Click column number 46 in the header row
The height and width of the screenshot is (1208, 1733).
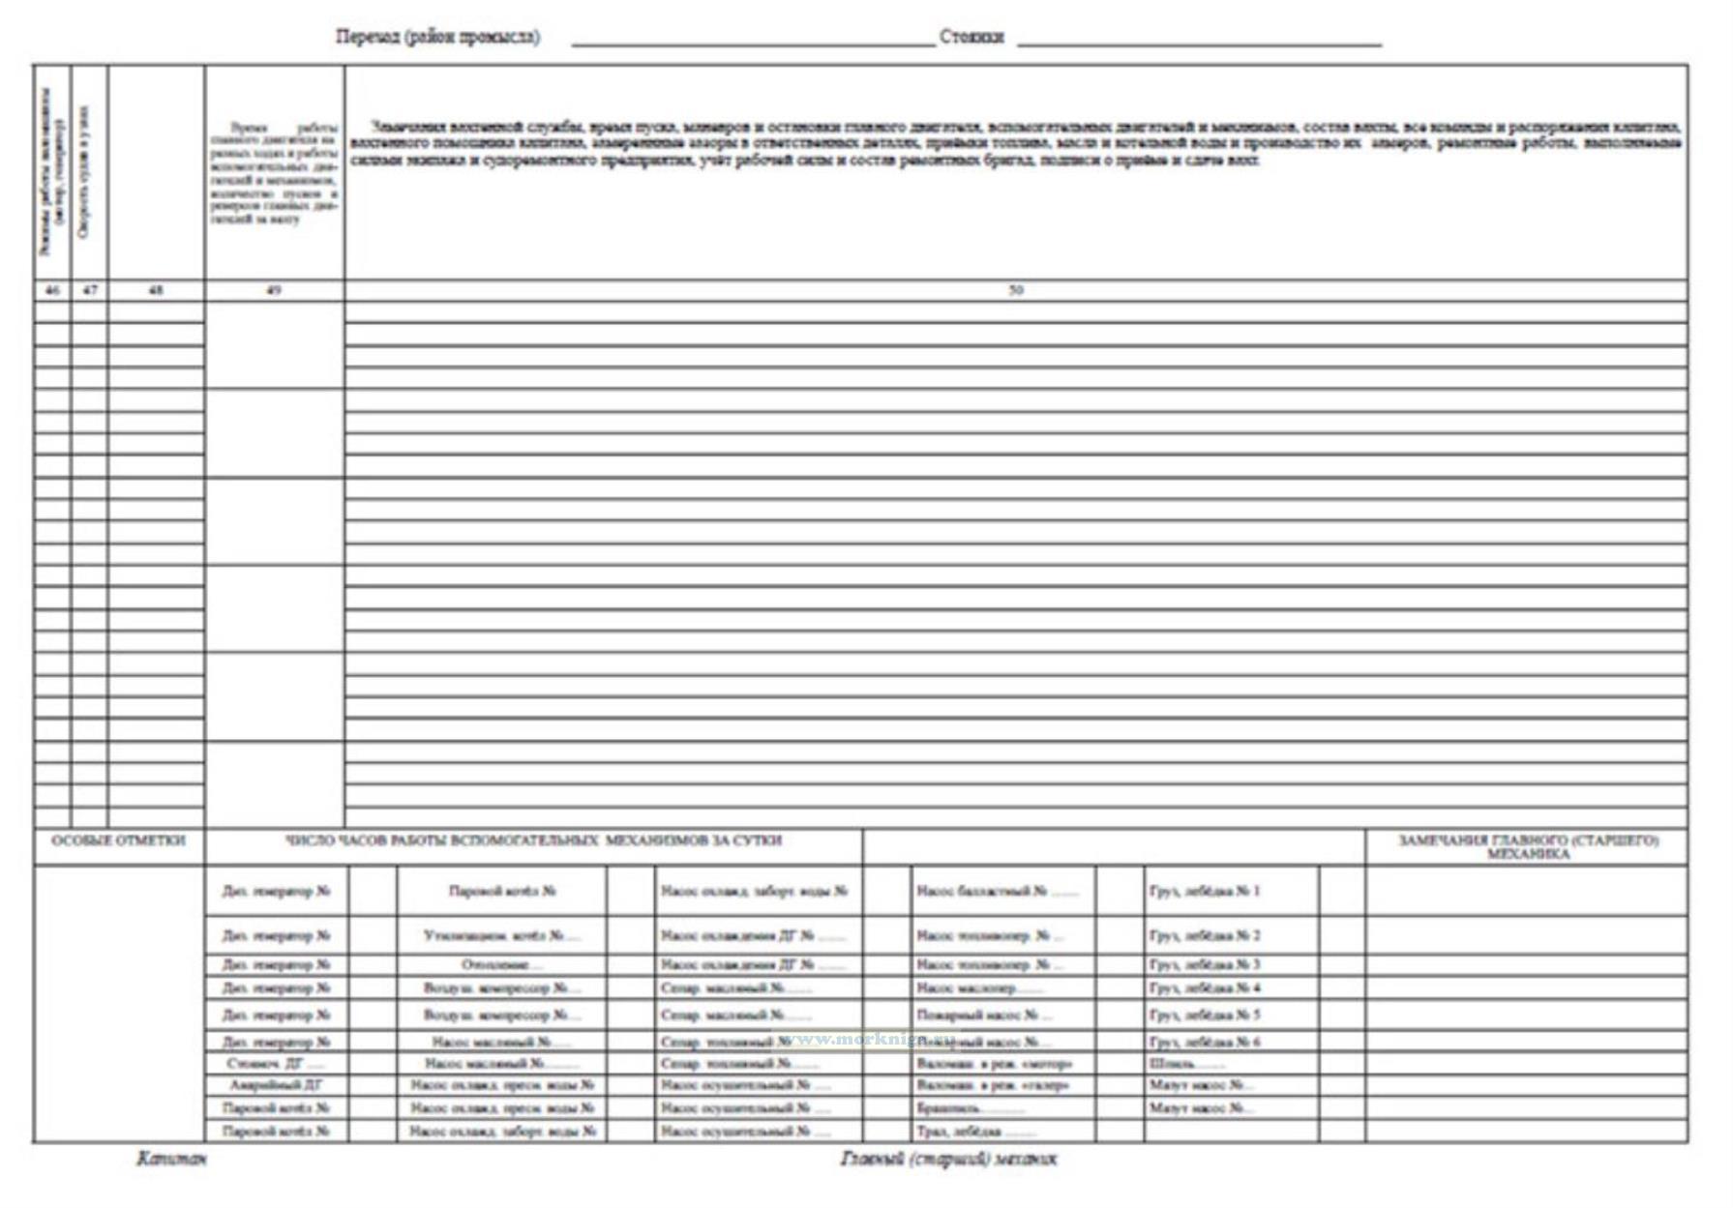[x=52, y=290]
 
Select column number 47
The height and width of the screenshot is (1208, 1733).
[x=90, y=290]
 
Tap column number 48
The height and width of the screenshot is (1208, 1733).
[x=156, y=290]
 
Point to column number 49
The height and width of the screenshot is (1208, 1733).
[x=274, y=290]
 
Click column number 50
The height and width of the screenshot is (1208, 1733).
[x=1015, y=290]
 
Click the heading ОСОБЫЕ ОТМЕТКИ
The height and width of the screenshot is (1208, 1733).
[x=118, y=841]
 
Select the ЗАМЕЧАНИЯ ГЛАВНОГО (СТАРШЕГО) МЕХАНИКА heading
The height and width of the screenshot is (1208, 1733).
[x=1528, y=847]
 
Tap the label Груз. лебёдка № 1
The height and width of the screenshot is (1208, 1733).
[x=1205, y=891]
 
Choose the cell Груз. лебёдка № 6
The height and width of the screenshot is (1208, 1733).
[x=1205, y=1042]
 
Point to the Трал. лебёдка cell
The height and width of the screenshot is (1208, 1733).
[x=975, y=1131]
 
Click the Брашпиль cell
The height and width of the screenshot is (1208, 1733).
[x=970, y=1108]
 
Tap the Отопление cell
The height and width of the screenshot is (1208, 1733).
[x=501, y=964]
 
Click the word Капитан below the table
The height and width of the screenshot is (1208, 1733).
[x=171, y=1159]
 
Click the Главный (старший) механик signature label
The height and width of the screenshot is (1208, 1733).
[x=948, y=1159]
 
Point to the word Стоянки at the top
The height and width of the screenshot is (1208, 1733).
[x=971, y=38]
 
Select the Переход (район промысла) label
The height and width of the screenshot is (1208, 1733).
[x=437, y=38]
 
